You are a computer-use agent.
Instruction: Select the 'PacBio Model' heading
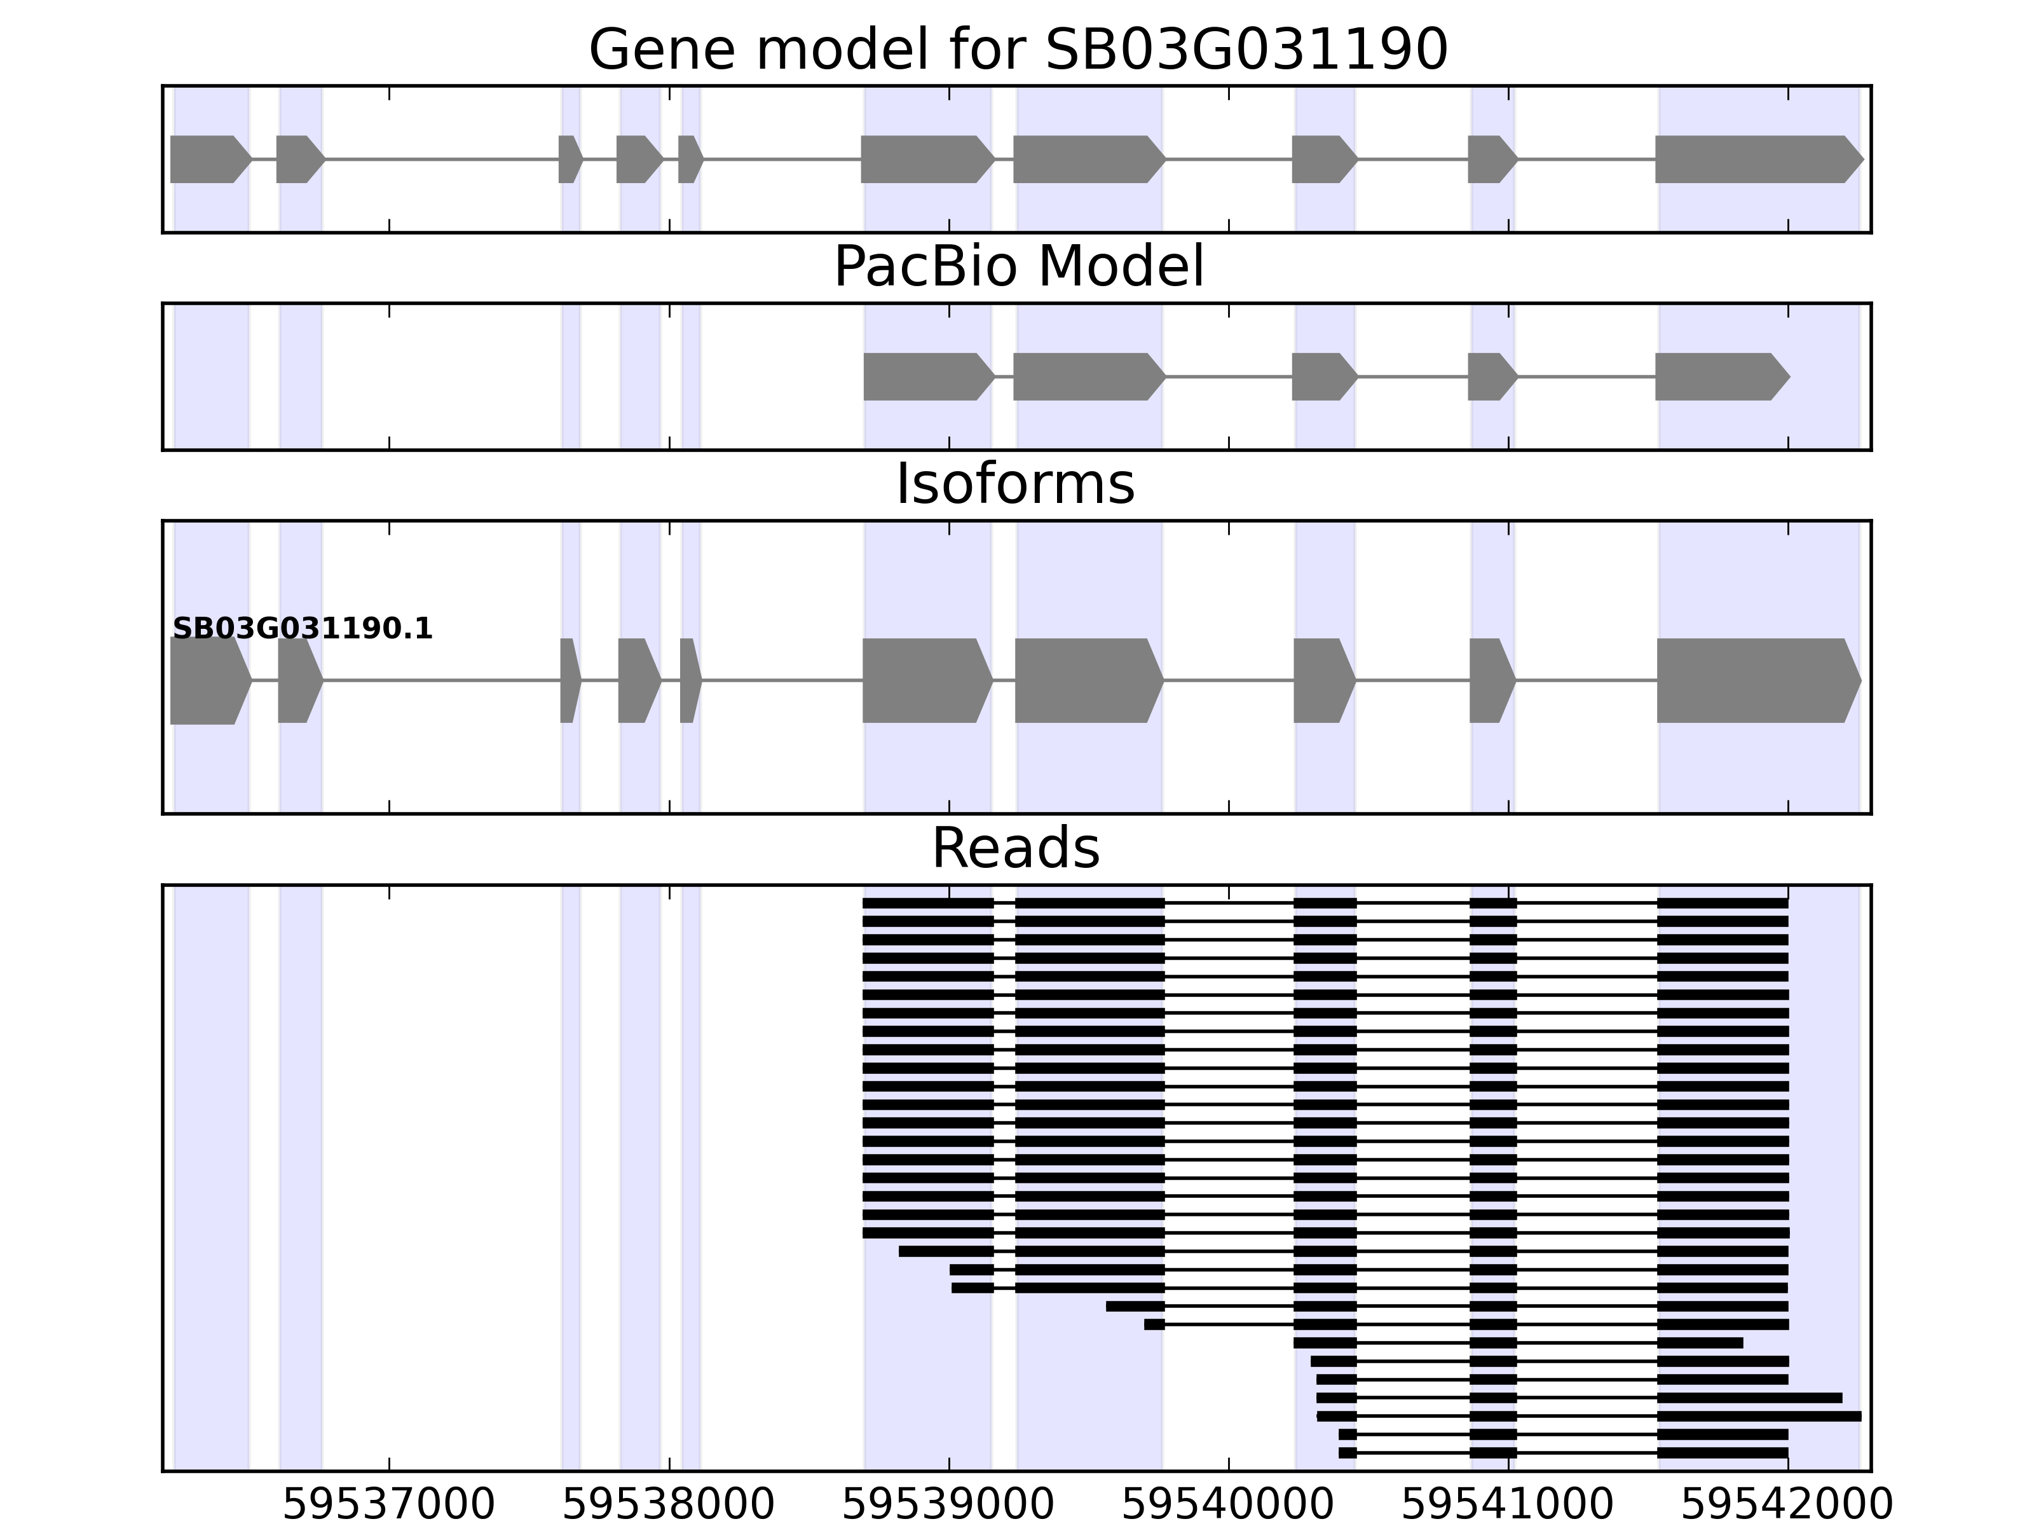click(1018, 268)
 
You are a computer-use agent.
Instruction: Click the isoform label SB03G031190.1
click(303, 629)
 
